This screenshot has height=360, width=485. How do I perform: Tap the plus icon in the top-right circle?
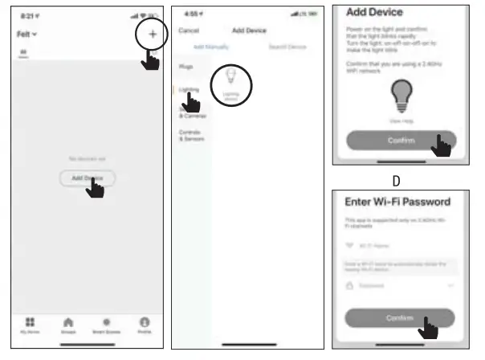point(153,35)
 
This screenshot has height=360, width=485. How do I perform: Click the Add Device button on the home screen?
point(87,178)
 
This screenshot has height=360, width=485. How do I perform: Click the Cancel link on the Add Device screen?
point(188,31)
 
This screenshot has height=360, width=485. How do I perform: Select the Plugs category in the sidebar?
point(185,67)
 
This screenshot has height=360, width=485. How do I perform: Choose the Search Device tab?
point(286,46)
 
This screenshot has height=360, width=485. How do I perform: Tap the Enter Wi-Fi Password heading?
point(397,201)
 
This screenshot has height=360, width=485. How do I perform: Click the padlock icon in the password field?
point(350,284)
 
